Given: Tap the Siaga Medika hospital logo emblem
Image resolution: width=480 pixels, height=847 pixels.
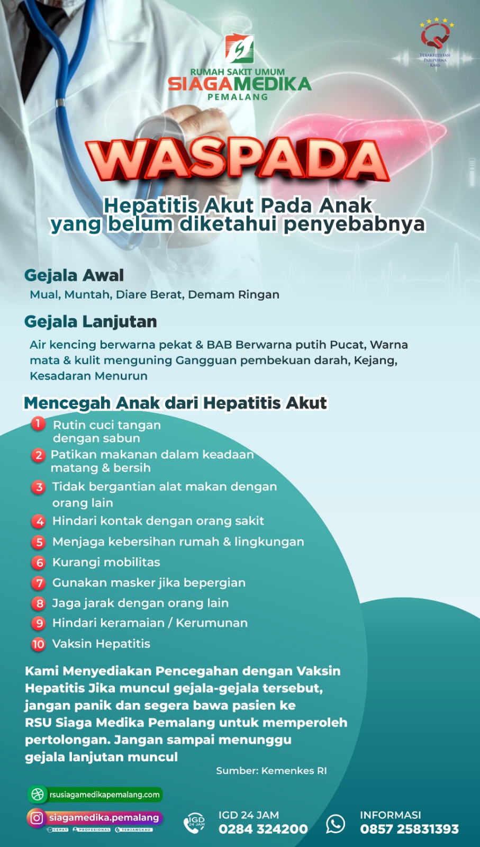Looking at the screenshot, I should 239,49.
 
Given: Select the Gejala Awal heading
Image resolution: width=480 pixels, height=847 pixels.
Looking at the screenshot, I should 74,275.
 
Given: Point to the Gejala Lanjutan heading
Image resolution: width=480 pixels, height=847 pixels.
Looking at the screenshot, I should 90,322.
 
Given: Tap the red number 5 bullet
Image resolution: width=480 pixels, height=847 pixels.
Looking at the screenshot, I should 39,542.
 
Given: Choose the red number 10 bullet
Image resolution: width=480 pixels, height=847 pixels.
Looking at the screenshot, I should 39,644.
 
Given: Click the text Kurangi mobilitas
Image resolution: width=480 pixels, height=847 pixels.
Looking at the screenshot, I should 106,562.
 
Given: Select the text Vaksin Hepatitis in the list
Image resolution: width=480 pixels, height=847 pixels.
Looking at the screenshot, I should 101,644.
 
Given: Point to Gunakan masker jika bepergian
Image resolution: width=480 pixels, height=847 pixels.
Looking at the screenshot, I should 149,583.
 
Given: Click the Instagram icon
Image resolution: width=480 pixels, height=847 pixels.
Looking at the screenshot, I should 37,818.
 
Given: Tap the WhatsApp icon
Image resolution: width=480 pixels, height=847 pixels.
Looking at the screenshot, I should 336,823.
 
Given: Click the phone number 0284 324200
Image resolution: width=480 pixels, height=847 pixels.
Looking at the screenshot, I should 263,829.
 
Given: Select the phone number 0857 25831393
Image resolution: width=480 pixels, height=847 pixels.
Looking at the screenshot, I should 409,829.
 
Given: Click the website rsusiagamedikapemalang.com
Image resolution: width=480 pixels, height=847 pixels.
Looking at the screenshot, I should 104,795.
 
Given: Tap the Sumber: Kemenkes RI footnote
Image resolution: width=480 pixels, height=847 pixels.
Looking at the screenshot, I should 271,771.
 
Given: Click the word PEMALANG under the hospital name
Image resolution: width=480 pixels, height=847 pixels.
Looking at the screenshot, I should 238,97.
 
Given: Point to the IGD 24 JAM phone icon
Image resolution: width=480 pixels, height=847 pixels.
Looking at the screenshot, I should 194,823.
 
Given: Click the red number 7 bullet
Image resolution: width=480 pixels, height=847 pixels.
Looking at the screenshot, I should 39,583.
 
